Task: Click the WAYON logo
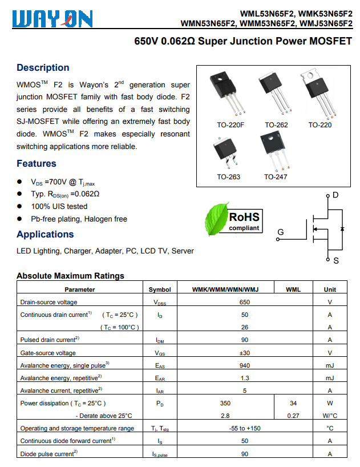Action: [52, 19]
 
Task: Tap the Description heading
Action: [43, 67]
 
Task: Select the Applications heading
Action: [45, 234]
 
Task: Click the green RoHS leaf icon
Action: [216, 219]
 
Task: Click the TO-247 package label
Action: [276, 177]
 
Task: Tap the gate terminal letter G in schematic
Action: [280, 232]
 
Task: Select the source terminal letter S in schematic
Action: [335, 260]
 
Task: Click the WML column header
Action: [293, 289]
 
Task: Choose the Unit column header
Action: [330, 289]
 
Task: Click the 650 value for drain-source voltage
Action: [245, 302]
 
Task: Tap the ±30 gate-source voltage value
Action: [245, 353]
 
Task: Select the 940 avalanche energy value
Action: [245, 365]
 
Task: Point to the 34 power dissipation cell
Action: [293, 403]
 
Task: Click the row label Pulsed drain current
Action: [50, 340]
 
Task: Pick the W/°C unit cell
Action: [330, 416]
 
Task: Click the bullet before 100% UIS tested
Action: [20, 207]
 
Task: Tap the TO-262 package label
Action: [276, 125]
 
